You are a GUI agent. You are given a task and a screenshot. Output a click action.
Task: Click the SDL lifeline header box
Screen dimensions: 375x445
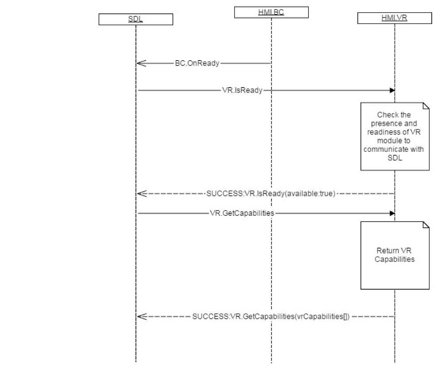pos(135,19)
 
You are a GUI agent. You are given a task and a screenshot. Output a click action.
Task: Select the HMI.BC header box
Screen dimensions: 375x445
pos(271,13)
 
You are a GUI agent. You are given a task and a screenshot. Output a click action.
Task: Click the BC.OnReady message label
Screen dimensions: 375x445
pos(197,63)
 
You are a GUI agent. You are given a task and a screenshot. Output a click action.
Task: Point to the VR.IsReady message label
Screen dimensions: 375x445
pos(242,90)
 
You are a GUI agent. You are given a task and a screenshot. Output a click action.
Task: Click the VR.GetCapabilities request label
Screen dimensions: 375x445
pos(242,213)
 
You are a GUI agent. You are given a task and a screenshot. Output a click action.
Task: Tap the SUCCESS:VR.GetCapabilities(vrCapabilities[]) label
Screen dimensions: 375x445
pos(271,317)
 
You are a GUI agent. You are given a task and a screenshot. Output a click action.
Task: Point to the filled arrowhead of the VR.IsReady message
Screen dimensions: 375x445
pos(392,90)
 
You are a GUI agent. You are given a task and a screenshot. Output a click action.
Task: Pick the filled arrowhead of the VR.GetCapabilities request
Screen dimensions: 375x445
pos(392,213)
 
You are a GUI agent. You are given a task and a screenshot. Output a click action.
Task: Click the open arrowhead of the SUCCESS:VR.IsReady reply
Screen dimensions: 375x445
pos(141,193)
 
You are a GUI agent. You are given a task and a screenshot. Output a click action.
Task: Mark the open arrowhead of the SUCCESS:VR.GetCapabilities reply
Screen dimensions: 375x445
pos(141,317)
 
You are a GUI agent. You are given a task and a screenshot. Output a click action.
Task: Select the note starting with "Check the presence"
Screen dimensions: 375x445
pos(394,136)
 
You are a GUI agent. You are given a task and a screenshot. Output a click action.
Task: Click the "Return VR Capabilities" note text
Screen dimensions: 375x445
pos(394,255)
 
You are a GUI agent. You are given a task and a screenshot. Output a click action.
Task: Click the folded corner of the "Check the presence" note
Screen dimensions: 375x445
pos(426,106)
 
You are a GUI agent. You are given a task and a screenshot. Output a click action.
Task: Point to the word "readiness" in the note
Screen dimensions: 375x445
pos(385,132)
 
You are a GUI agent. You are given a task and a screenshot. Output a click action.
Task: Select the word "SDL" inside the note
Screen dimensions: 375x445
pos(394,158)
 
